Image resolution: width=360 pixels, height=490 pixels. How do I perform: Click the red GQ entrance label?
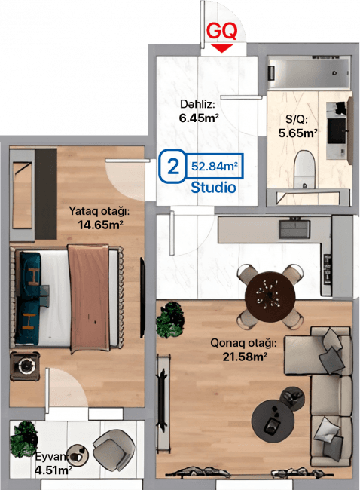click(x=221, y=31)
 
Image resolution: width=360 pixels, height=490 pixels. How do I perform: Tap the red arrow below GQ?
click(x=221, y=47)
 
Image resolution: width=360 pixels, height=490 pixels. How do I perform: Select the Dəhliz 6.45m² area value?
click(x=199, y=118)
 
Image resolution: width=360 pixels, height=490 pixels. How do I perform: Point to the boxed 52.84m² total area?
click(x=215, y=165)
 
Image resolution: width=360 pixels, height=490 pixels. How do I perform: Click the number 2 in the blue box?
click(x=172, y=166)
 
